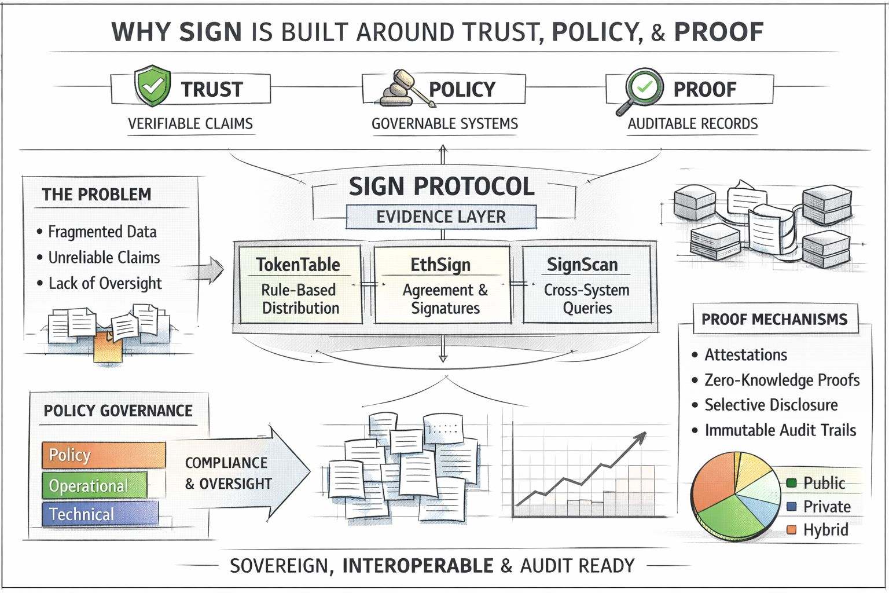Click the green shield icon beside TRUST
click(x=152, y=86)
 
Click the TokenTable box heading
click(x=298, y=265)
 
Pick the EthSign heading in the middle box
click(x=440, y=265)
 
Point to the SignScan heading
click(x=582, y=265)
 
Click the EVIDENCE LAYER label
click(x=441, y=217)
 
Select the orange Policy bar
click(x=103, y=455)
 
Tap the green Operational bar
click(x=94, y=485)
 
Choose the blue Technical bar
click(x=100, y=514)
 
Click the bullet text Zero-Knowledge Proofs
click(x=781, y=380)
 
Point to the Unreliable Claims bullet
click(x=104, y=258)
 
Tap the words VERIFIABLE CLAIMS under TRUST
click(x=190, y=124)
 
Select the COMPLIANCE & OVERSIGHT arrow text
click(x=228, y=473)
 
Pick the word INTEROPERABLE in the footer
click(x=418, y=566)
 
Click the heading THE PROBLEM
click(x=97, y=195)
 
